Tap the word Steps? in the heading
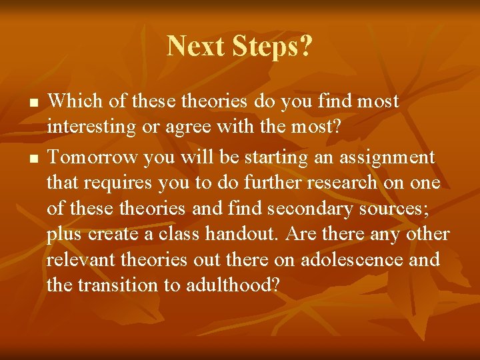(x=271, y=47)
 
